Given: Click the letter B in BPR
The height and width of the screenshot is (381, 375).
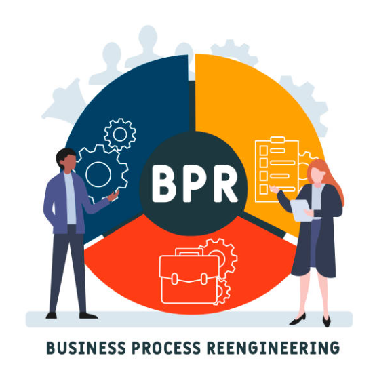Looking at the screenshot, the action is [163, 183].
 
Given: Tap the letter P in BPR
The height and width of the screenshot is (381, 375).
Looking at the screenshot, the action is [192, 183].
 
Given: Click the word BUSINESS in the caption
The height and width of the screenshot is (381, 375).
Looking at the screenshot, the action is [86, 348].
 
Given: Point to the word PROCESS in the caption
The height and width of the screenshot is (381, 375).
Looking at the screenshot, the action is [166, 348].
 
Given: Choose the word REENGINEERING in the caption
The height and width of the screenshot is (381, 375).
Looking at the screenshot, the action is [273, 348].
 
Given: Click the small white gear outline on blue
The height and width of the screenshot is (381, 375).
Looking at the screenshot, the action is [120, 134].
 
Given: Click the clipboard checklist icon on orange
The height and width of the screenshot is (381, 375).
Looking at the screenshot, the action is [277, 169].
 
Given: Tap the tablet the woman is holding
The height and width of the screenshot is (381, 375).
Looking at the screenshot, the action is [301, 210].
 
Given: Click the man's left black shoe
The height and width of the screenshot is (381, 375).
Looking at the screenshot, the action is [52, 315].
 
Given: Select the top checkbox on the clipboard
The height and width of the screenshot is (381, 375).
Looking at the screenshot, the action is [264, 151].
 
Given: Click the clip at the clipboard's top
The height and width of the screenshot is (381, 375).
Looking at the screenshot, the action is [277, 140].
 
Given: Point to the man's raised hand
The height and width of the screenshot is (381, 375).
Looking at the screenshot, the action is [113, 195].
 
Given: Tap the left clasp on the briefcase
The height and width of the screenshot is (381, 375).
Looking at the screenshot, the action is [174, 279].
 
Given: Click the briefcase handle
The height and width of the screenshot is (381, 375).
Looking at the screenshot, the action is [189, 252].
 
